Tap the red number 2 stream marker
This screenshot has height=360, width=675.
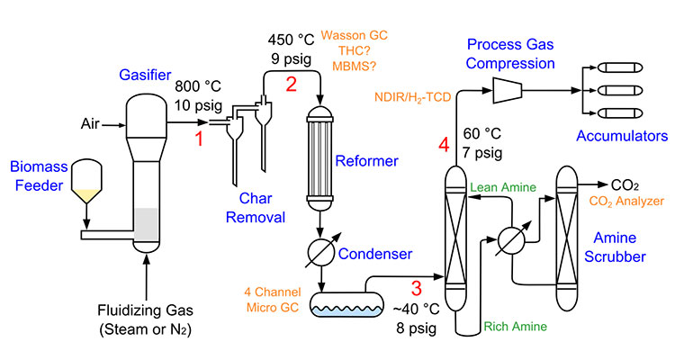coord(290,85)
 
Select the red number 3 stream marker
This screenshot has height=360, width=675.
coord(416,289)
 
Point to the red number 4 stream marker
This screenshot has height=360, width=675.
coord(443,145)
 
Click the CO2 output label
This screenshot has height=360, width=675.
coord(625,184)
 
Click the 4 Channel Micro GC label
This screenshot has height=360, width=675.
coord(271,296)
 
